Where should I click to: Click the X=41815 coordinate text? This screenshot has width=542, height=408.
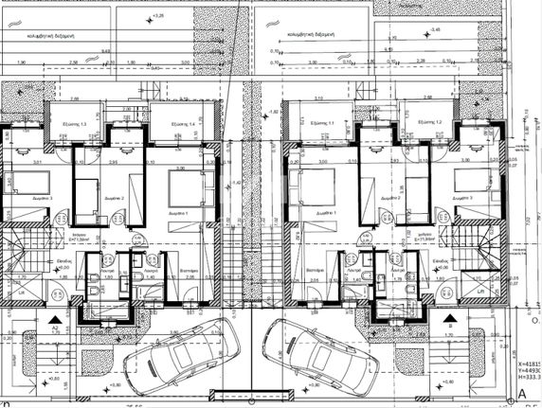pyautogui.click(x=526, y=363)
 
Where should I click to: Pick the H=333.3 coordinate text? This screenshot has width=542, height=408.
pyautogui.click(x=526, y=381)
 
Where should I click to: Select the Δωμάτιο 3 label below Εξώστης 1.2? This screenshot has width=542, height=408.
pyautogui.click(x=463, y=198)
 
